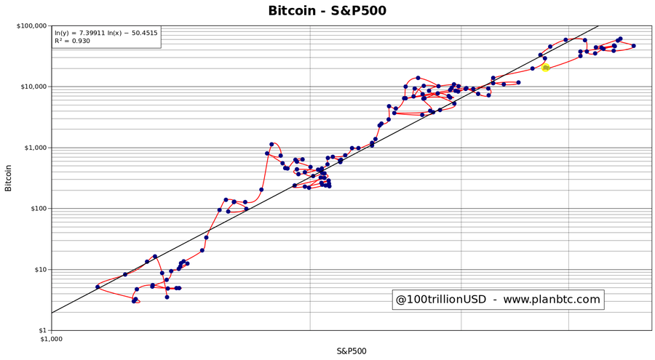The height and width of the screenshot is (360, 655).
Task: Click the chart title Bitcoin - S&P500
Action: point(327,10)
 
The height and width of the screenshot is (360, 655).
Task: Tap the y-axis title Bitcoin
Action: point(9,178)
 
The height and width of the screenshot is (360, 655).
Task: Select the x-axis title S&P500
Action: point(351,351)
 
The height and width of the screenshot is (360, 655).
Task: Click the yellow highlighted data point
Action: point(545,68)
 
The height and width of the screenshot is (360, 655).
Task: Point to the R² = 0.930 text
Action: point(73,41)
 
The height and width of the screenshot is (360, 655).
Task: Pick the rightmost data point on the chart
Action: point(634,46)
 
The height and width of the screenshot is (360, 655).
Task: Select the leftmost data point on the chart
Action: point(98,287)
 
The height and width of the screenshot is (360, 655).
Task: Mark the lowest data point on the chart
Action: point(134,300)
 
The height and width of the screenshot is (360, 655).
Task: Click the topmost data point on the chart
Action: point(619,39)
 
